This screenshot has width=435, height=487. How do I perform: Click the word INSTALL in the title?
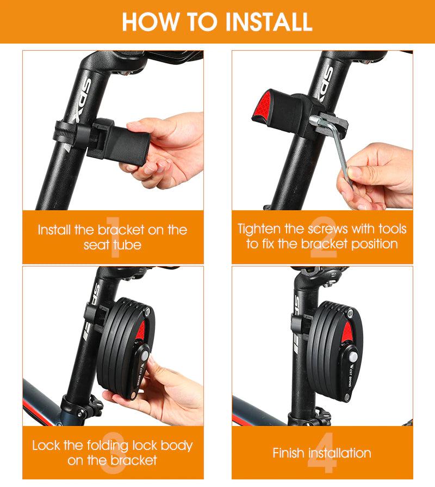269,21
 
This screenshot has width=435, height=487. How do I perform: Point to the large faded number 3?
113,453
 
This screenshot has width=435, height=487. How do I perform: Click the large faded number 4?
321,453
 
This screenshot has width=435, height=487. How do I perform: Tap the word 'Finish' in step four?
289,453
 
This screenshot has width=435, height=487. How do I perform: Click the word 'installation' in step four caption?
340,453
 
